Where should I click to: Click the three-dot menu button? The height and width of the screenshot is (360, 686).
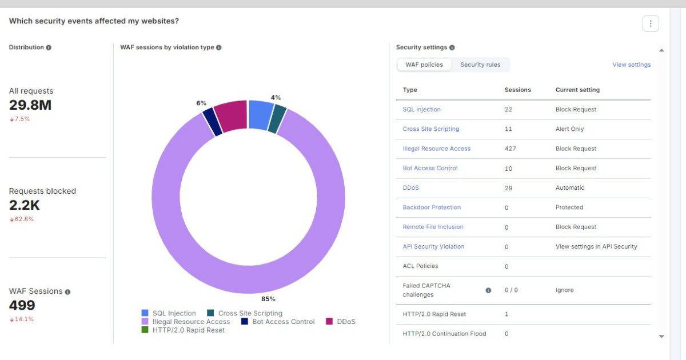coord(651,23)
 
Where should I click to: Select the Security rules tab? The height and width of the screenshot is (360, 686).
coord(480,65)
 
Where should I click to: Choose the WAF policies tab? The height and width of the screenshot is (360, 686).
coord(424,65)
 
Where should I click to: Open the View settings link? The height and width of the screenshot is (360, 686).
coord(631,65)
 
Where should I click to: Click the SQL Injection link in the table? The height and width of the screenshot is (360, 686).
coord(422,109)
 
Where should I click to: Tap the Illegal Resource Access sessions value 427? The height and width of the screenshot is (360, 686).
coord(510,149)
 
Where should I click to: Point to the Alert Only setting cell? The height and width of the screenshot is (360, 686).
coord(569,129)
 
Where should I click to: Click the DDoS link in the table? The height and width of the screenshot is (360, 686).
coord(410,187)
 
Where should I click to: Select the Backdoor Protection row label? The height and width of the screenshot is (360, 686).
coord(432,207)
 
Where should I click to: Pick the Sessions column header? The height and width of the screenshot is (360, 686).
coord(517,90)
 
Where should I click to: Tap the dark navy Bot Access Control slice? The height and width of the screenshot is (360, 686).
coord(213,122)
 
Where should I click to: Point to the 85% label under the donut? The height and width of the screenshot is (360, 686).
coord(268,299)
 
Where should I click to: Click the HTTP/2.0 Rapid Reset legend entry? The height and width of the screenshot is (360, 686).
coord(183,330)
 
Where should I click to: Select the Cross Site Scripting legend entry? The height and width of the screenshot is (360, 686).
coord(245,313)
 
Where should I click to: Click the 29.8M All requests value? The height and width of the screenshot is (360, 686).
coord(30,105)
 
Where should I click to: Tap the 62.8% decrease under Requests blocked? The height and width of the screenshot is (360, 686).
coord(22,219)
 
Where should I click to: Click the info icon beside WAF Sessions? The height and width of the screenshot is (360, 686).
coord(67,292)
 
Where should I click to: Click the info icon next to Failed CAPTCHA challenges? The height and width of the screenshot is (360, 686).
coord(488,290)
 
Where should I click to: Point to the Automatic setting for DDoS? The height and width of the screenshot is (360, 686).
coord(569,187)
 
